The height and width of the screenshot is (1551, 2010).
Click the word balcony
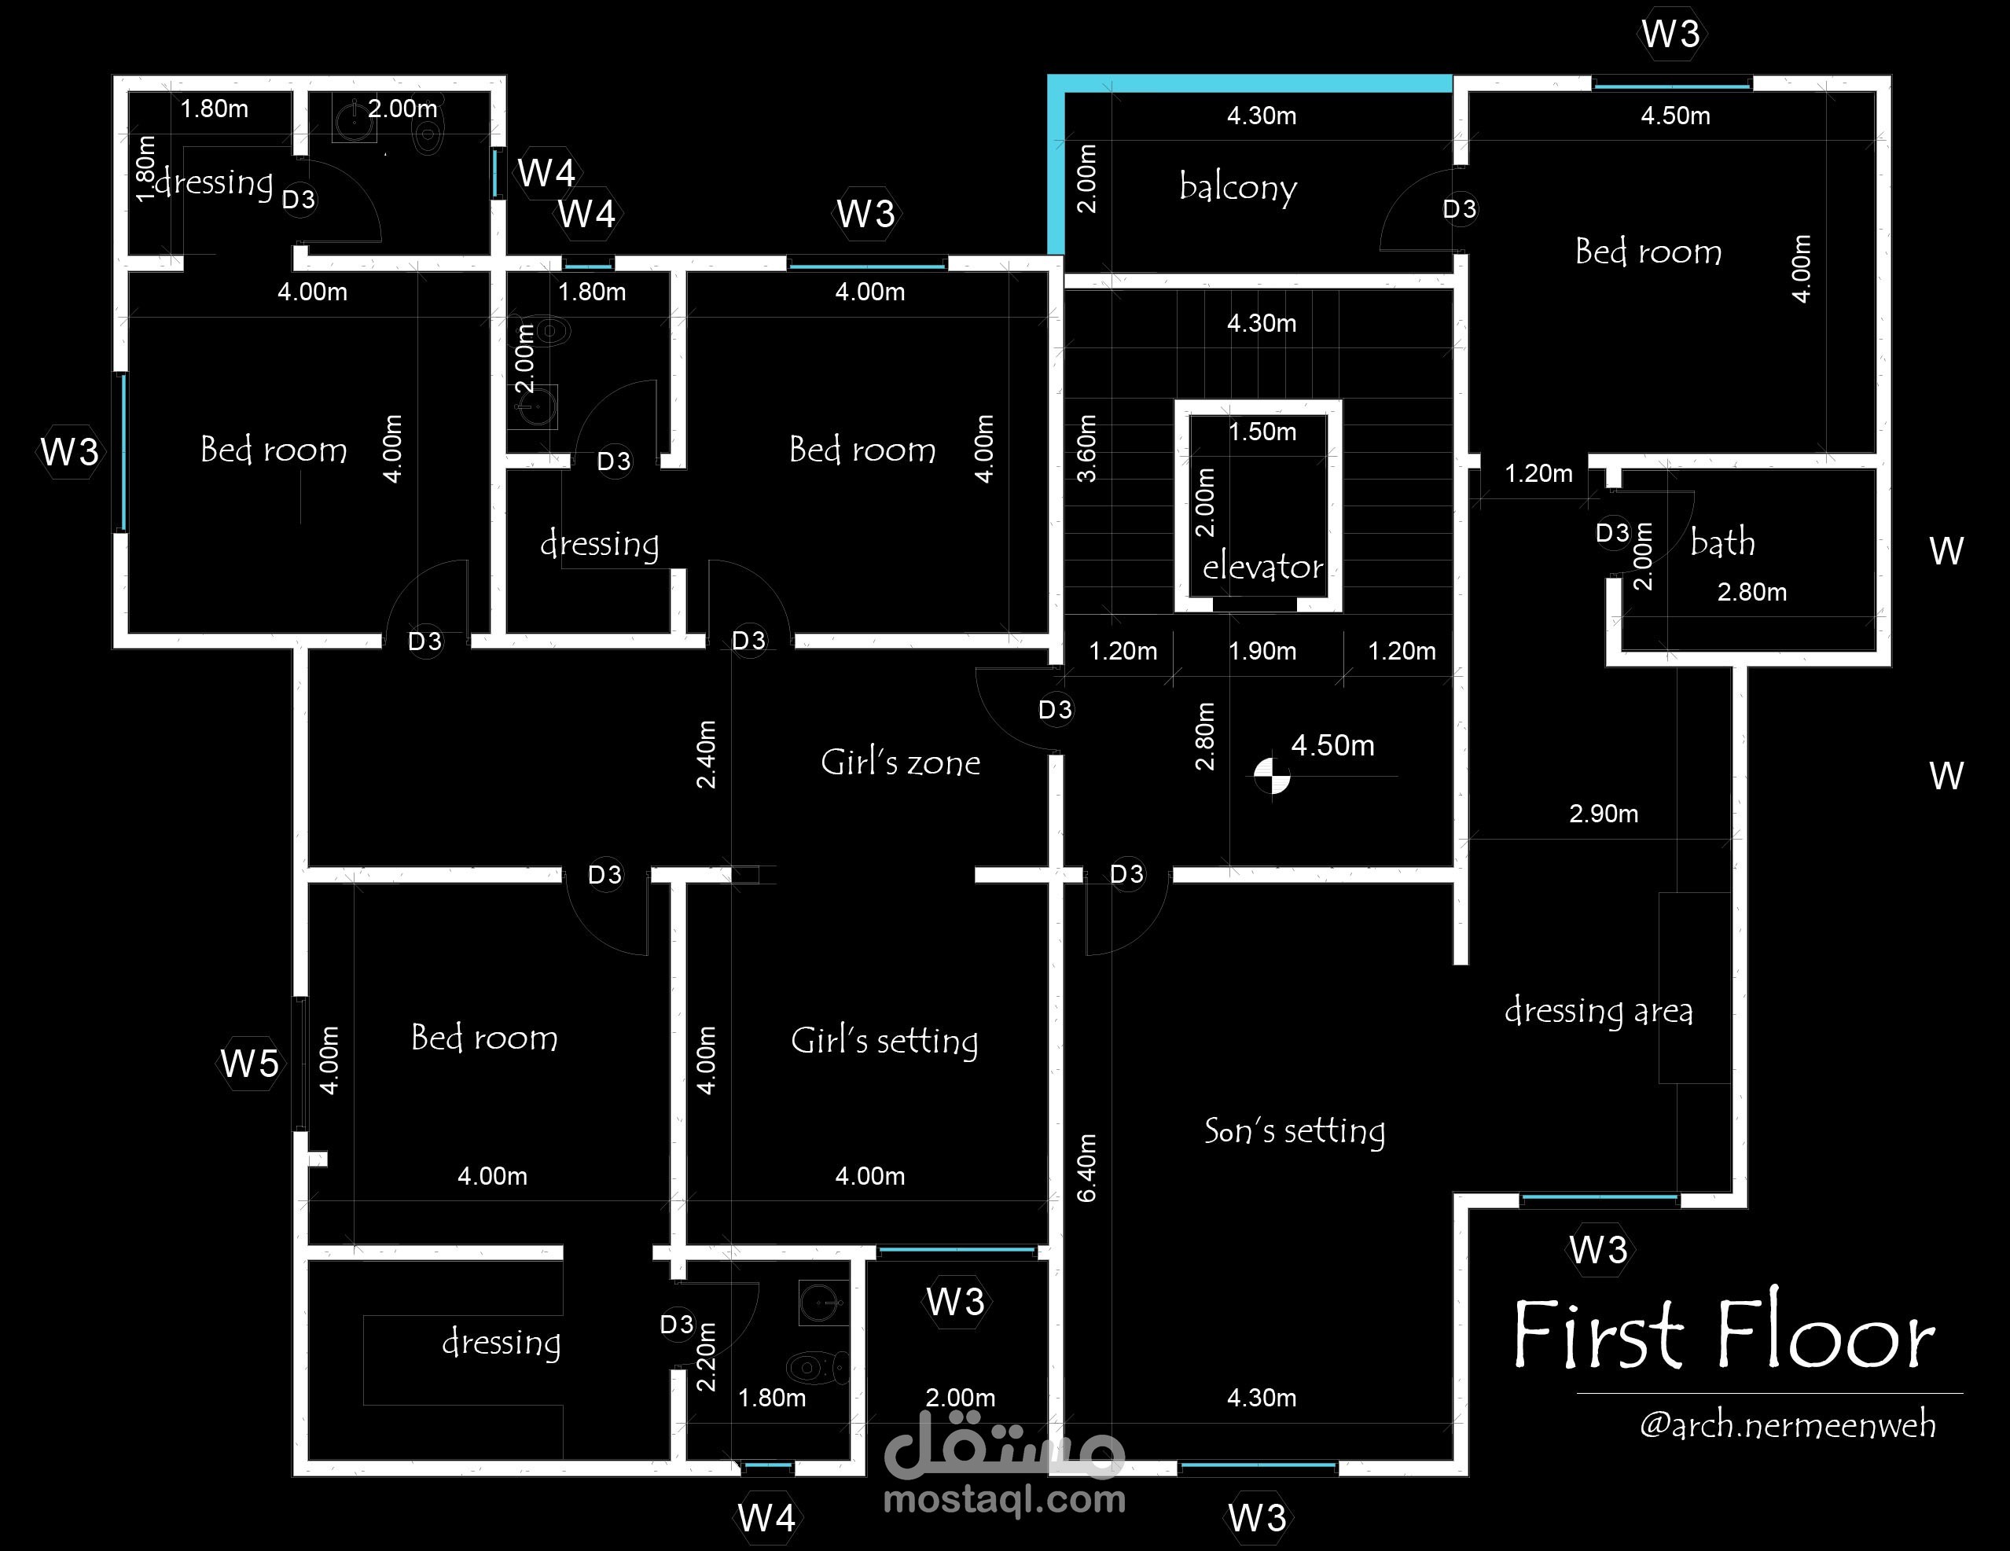[x=1238, y=188]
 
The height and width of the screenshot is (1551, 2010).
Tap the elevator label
[x=1262, y=566]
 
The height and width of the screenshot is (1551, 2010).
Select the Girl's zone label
[x=900, y=763]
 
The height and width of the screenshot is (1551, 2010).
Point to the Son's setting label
[x=1294, y=1131]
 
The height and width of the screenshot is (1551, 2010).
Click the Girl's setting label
[x=884, y=1041]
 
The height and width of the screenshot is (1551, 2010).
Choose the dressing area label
[x=1599, y=1011]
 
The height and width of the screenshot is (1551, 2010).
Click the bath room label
[x=1722, y=542]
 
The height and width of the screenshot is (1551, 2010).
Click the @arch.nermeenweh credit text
[x=1788, y=1425]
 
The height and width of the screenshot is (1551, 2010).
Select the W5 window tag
[x=249, y=1063]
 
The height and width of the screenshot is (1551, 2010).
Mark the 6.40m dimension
[x=1087, y=1167]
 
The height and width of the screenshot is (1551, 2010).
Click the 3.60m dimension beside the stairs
[x=1087, y=448]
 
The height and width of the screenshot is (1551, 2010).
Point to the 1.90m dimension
[x=1262, y=651]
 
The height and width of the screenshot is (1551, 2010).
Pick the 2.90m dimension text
[x=1604, y=814]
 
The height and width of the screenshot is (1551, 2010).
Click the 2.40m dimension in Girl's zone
[x=706, y=755]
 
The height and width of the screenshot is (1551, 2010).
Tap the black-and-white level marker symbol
[x=1272, y=775]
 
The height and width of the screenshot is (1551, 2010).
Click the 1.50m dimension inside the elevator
[x=1262, y=432]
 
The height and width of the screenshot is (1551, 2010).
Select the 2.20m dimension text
[x=706, y=1357]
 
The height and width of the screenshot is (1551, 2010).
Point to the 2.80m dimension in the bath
[x=1751, y=592]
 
